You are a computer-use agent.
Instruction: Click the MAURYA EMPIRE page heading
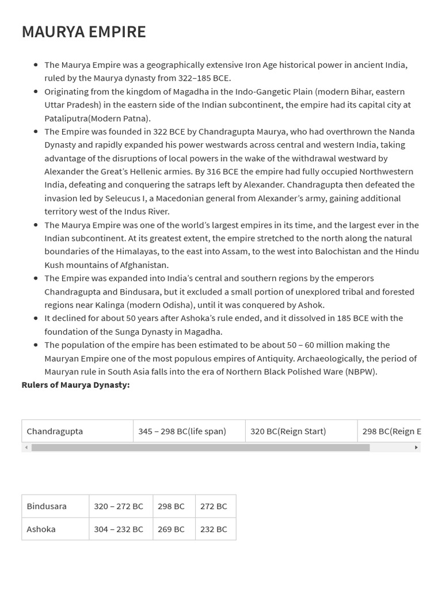point(83,32)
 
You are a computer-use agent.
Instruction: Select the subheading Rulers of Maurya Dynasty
point(75,385)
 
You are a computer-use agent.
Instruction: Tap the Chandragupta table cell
point(77,431)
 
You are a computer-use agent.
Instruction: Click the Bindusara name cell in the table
point(55,506)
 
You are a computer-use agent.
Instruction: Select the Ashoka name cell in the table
point(55,529)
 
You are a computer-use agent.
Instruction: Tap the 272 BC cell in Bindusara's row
point(215,506)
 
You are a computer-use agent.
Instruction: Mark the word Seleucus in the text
point(129,198)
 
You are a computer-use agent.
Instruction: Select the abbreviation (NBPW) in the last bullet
point(360,372)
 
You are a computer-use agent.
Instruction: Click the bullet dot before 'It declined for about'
point(36,318)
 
